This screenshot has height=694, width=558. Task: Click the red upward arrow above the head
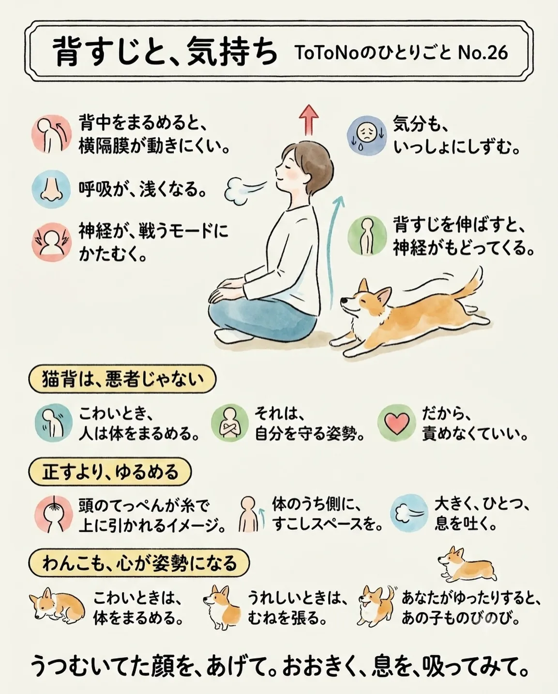pyautogui.click(x=308, y=120)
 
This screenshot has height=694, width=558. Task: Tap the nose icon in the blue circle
pyautogui.click(x=51, y=189)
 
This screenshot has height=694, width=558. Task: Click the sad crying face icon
pyautogui.click(x=366, y=136)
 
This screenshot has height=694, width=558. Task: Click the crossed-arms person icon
pyautogui.click(x=229, y=423)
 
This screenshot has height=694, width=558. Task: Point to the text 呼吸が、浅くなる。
pyautogui.click(x=142, y=190)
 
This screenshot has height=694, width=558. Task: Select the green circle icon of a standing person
pyautogui.click(x=367, y=236)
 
